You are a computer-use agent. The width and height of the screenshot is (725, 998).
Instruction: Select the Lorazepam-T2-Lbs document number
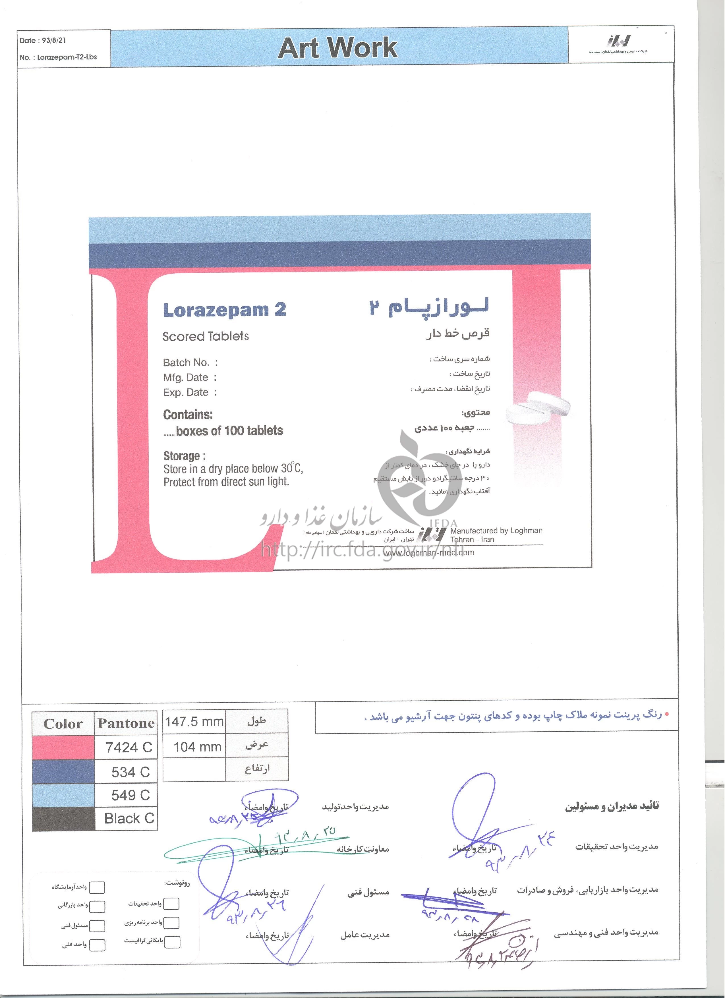67,57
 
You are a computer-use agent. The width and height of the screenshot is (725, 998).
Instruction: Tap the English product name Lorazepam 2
224,310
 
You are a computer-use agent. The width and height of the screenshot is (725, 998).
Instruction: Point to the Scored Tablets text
206,337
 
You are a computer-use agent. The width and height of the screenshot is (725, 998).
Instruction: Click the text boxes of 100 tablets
229,431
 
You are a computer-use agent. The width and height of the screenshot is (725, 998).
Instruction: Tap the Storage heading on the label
184,456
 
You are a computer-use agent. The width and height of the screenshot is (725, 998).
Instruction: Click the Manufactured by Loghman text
496,531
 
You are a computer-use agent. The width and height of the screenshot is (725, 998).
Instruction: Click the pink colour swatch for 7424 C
63,747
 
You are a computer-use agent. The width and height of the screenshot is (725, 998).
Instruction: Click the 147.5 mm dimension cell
194,722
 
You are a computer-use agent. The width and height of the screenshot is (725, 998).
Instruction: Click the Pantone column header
126,723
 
